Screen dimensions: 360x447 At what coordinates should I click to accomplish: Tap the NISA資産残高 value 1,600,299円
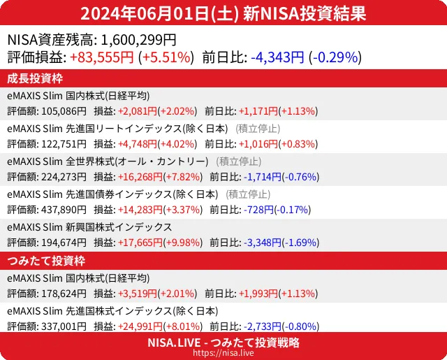click(139, 41)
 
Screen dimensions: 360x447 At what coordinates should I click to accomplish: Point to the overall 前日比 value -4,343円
click(277, 57)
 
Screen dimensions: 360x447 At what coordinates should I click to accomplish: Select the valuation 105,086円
click(64, 110)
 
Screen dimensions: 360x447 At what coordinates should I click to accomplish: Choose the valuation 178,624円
click(64, 293)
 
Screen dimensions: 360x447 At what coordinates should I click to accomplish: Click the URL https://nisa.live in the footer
click(223, 354)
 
